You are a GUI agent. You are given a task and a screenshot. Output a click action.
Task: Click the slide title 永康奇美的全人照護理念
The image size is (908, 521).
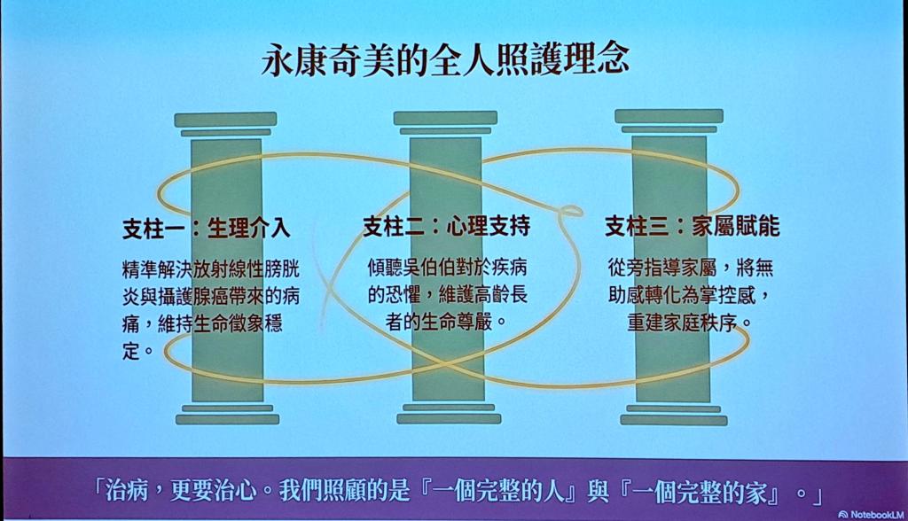(445, 59)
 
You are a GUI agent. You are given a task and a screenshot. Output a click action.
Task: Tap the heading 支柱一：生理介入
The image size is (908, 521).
(206, 228)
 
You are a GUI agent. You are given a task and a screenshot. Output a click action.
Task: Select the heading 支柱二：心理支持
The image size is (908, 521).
(447, 226)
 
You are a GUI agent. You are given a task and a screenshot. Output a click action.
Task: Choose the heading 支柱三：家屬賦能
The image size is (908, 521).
(692, 226)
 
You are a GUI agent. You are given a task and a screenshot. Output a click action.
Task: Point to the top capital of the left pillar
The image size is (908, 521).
(226, 124)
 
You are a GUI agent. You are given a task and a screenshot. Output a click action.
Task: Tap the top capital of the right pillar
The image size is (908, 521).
(669, 121)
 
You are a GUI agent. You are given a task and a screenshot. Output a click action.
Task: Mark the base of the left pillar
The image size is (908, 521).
(227, 415)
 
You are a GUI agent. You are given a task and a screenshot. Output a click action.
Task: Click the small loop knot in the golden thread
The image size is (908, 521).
(570, 210)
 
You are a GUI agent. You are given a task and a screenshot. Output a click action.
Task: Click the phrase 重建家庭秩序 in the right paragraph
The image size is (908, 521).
(681, 323)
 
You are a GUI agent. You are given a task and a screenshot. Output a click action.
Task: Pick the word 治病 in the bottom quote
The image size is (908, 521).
(126, 492)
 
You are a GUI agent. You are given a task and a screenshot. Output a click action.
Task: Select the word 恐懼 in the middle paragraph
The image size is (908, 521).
(403, 295)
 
